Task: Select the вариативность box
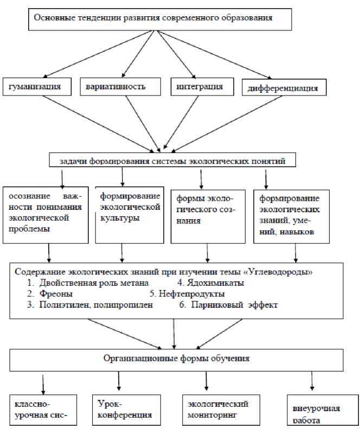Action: [x=121, y=87]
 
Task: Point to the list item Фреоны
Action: [x=54, y=293]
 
